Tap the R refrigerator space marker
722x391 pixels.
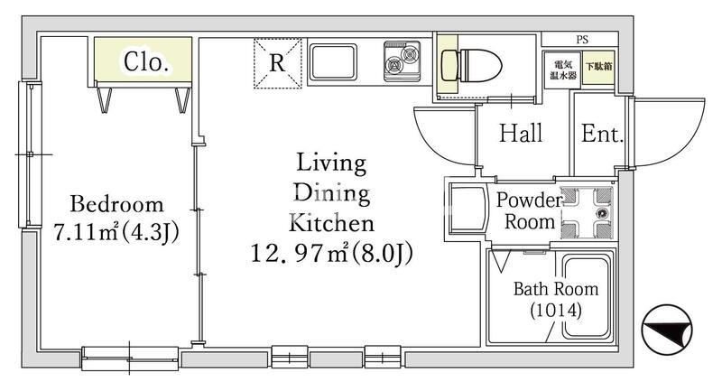click(277, 63)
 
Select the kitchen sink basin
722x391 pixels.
click(333, 62)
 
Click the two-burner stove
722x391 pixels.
click(403, 61)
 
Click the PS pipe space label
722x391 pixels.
click(582, 40)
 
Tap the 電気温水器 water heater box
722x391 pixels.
click(562, 70)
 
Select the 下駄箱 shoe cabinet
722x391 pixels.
click(598, 67)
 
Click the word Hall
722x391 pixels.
click(521, 134)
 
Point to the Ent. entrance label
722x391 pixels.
click(602, 134)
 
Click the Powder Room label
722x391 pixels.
click(529, 211)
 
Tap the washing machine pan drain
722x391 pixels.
click(601, 213)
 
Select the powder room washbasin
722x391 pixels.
click(467, 209)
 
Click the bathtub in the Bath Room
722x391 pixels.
click(586, 297)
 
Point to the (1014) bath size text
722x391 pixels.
click(556, 311)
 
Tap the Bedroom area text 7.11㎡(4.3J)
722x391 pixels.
click(116, 232)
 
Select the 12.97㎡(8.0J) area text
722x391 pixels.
click(331, 253)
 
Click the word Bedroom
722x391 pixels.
click(116, 204)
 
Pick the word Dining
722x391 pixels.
click(332, 193)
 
